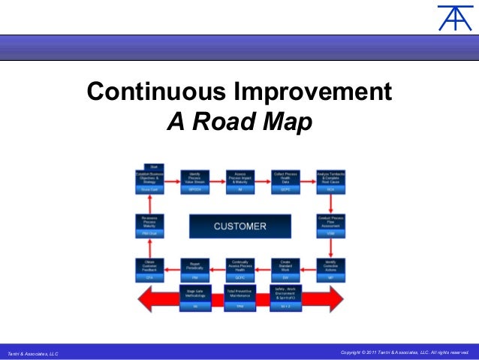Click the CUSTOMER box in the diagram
click(x=240, y=225)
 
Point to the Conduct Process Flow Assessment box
click(x=330, y=225)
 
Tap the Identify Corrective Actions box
click(x=330, y=268)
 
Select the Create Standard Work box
click(x=286, y=268)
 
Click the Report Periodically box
click(x=194, y=268)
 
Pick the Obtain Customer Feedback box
click(x=149, y=268)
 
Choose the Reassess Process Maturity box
click(x=149, y=225)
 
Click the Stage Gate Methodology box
click(x=194, y=297)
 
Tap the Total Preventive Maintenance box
click(x=241, y=297)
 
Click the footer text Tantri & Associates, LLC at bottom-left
click(x=32, y=352)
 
